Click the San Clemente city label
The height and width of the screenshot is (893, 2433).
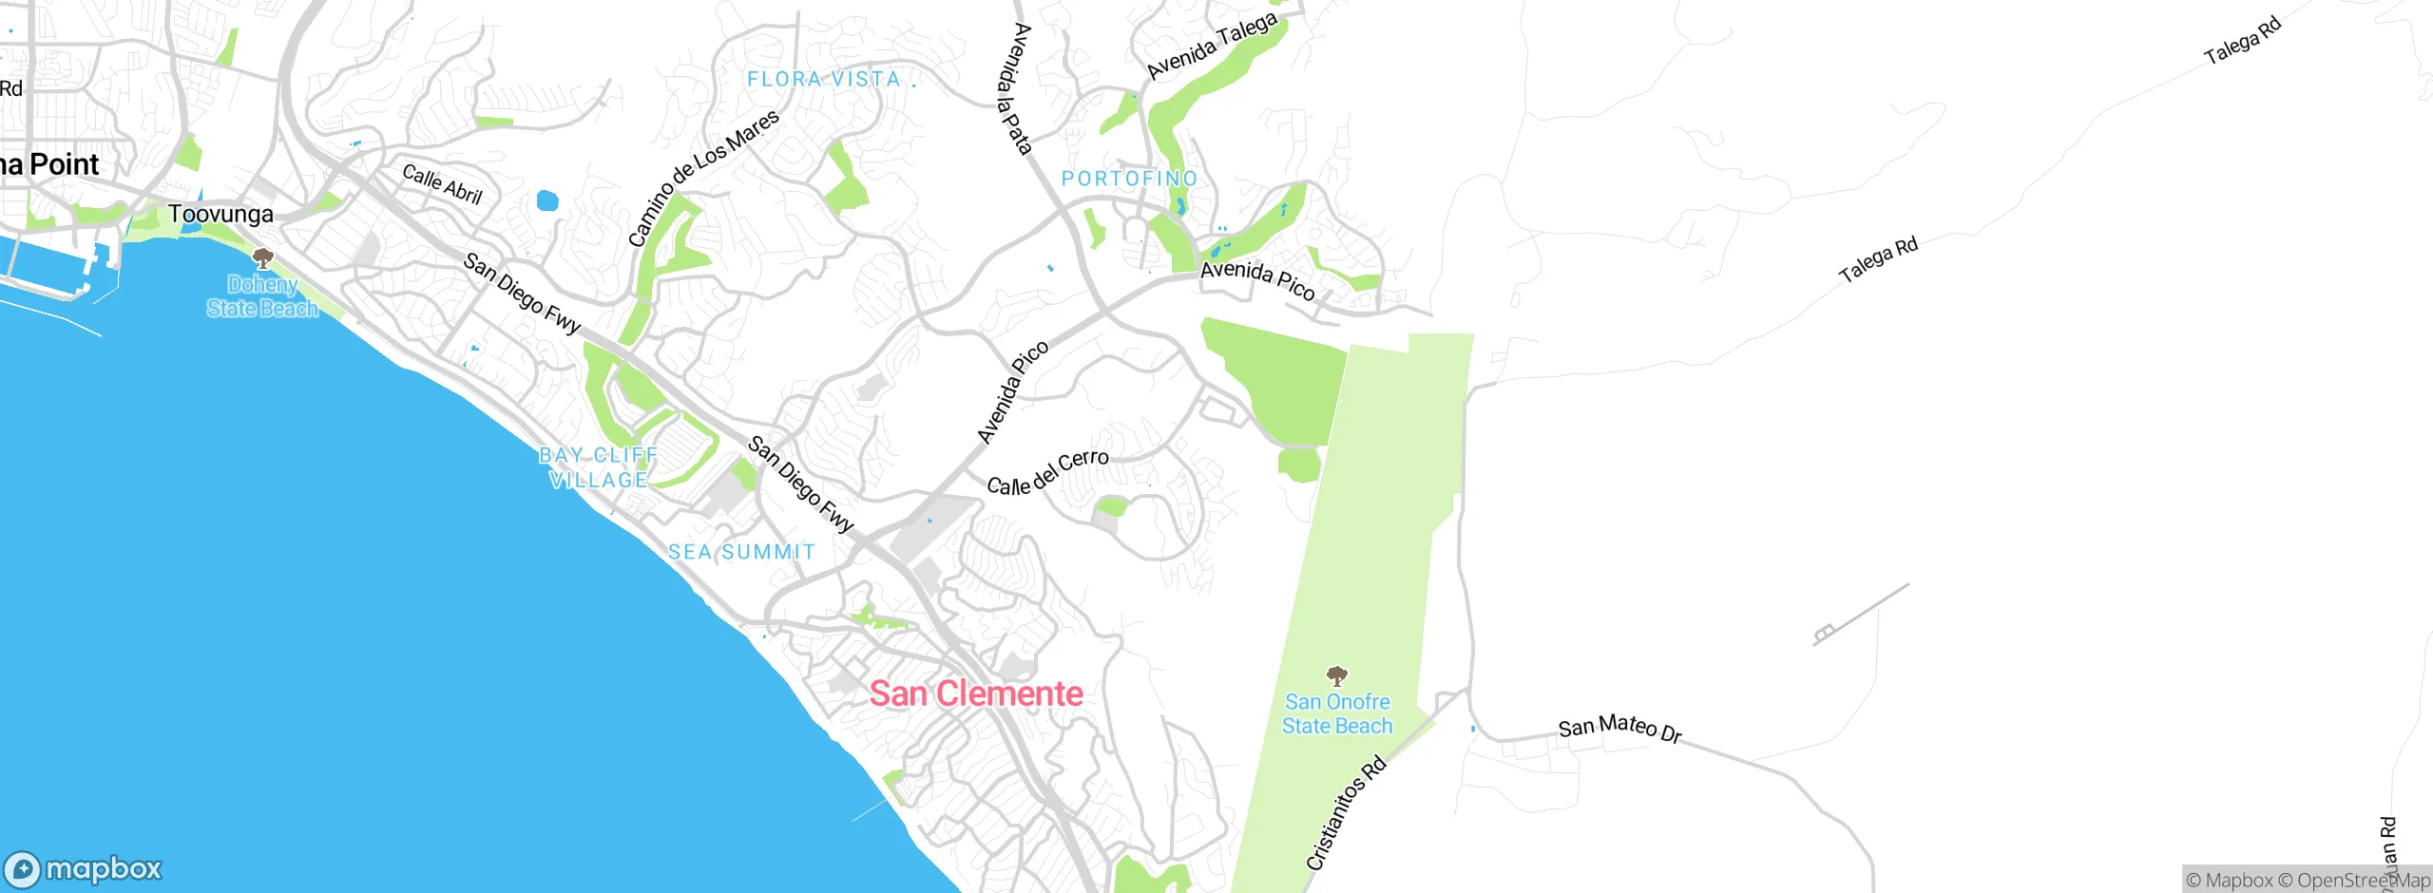(976, 693)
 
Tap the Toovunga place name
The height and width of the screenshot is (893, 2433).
(220, 214)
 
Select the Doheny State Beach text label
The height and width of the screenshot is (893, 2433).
(262, 296)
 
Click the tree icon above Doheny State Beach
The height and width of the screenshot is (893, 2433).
(263, 257)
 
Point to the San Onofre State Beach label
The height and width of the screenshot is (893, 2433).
(1337, 713)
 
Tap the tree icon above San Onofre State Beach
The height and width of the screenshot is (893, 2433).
(1337, 675)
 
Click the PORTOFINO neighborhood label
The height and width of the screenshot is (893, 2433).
(1129, 179)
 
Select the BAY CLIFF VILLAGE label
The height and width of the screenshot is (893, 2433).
(599, 467)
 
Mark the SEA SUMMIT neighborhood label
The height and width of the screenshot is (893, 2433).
(741, 552)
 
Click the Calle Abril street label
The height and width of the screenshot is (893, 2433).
(442, 184)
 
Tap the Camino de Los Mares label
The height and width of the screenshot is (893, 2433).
(703, 178)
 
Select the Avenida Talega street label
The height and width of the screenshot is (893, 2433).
(1212, 47)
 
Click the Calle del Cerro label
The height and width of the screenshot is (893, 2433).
(1047, 472)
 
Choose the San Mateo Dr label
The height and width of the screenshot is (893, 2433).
(1619, 728)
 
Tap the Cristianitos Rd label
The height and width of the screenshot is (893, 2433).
(1346, 813)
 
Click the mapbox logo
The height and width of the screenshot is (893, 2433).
(84, 869)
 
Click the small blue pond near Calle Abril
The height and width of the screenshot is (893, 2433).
(547, 200)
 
